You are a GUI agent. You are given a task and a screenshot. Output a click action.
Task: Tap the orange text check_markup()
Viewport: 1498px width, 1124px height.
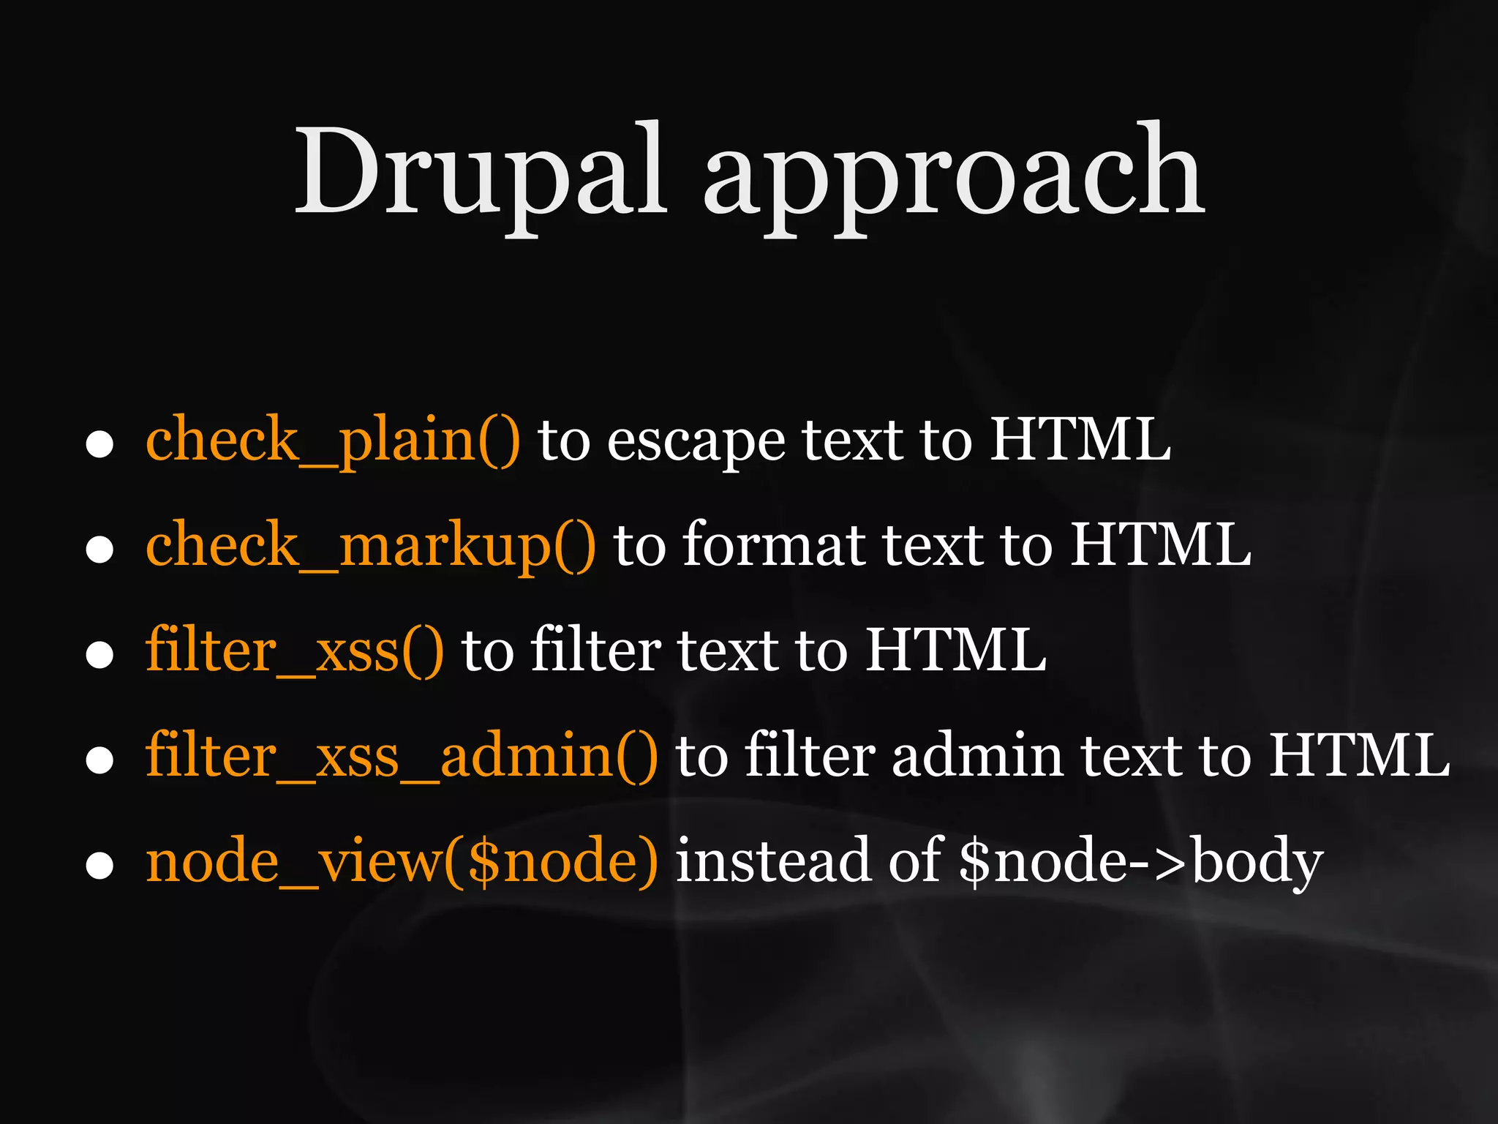(x=370, y=546)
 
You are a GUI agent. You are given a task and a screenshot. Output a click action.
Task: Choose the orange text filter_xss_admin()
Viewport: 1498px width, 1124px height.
(x=401, y=756)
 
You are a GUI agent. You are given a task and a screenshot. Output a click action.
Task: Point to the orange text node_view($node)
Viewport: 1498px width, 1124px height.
(x=401, y=861)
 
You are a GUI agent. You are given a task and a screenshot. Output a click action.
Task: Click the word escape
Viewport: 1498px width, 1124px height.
(x=696, y=443)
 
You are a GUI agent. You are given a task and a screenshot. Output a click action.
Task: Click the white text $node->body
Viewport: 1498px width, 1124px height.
(x=1140, y=863)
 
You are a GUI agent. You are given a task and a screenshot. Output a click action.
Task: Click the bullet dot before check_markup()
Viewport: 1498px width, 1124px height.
(x=99, y=550)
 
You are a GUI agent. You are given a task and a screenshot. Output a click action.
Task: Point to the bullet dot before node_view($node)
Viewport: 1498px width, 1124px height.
(x=99, y=866)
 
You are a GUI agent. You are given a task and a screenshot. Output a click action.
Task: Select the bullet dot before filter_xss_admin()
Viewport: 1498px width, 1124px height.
(x=99, y=760)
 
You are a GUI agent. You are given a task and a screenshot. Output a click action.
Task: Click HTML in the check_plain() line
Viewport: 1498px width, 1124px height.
(x=1080, y=441)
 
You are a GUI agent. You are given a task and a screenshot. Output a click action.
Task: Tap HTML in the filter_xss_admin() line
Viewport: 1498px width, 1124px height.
(x=1359, y=756)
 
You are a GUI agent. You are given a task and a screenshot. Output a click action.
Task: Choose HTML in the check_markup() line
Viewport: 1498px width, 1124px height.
(x=1161, y=546)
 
